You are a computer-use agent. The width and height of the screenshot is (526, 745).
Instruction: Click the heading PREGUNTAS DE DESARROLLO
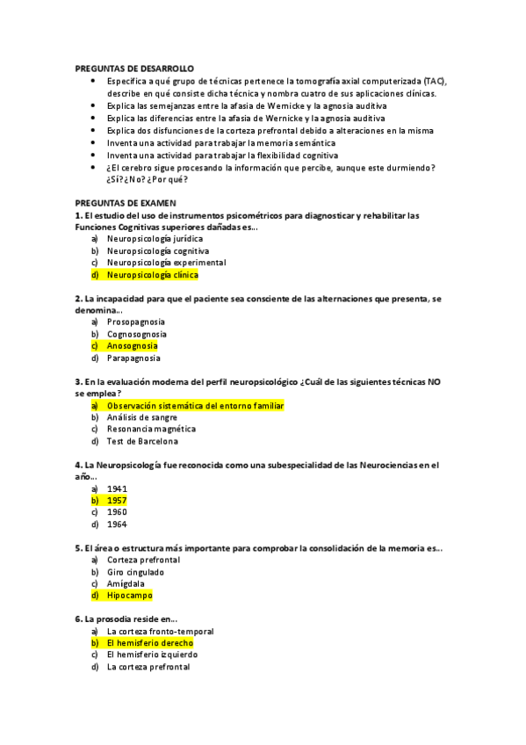pos(134,68)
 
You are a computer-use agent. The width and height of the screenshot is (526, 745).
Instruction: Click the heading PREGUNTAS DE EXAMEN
pos(126,203)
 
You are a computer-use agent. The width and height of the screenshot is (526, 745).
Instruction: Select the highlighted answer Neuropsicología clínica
pos(153,275)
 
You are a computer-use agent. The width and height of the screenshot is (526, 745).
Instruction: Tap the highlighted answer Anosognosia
pos(132,346)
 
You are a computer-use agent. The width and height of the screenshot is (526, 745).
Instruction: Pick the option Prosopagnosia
pos(135,322)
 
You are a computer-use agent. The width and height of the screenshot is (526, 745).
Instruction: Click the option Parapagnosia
pos(133,358)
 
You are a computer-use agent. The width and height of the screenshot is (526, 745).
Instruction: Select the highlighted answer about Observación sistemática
pos(195,406)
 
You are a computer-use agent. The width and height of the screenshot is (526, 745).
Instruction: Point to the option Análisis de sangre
pos(142,417)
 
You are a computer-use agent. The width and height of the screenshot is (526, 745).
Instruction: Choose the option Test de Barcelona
pos(142,441)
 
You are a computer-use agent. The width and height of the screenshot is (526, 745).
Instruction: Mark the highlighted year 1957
pos(117,501)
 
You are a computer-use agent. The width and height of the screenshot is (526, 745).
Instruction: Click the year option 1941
pos(117,488)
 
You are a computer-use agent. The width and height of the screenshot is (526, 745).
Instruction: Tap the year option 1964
pos(117,524)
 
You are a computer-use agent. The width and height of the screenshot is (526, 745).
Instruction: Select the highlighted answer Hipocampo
pos(129,596)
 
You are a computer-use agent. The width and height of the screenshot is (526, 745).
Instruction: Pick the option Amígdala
pos(126,583)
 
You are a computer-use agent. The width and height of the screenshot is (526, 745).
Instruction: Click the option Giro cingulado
pos(135,572)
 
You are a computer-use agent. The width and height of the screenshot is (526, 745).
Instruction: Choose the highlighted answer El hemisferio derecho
pos(149,643)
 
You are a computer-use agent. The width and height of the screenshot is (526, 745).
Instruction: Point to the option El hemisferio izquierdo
pos(152,655)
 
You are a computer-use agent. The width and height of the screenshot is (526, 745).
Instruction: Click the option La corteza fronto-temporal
pos(160,631)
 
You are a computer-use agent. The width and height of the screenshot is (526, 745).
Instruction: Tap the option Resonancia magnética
pos(151,430)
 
